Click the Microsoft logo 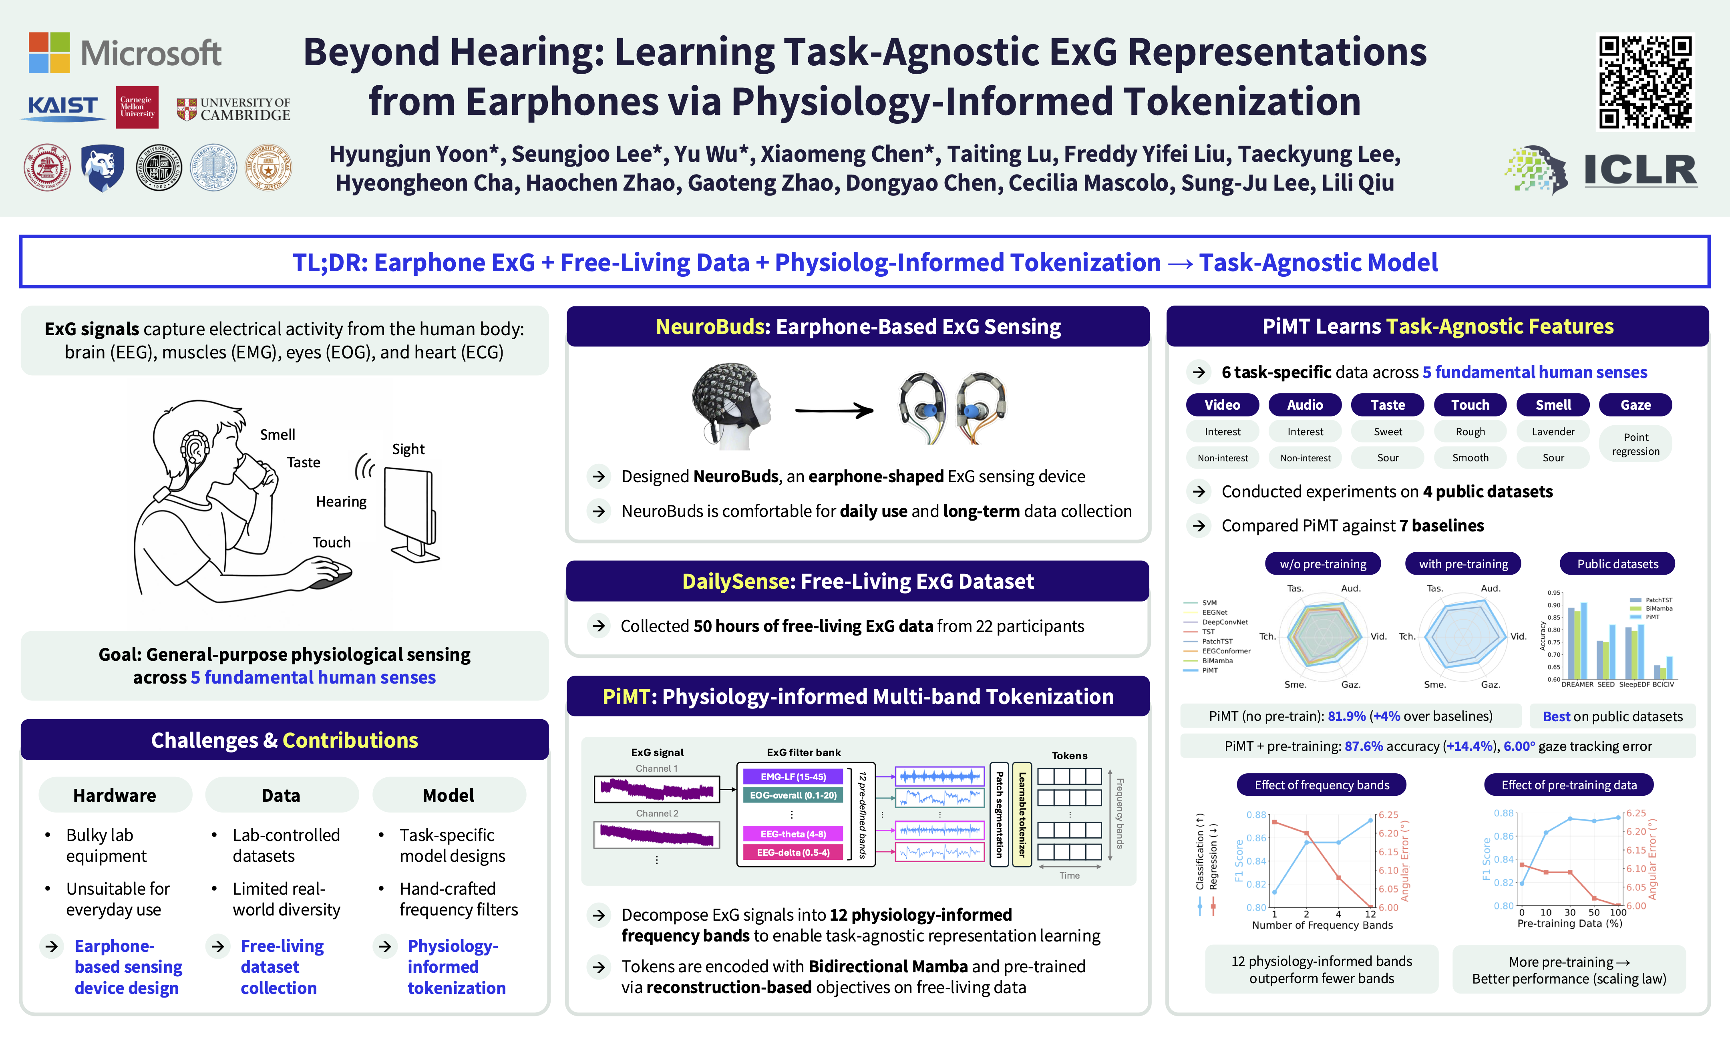tap(125, 52)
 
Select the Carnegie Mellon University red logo tap(137, 107)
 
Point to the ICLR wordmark tap(1640, 170)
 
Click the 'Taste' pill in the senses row tap(1387, 405)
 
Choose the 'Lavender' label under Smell tap(1553, 432)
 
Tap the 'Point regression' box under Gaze tap(1635, 444)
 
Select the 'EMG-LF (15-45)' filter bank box tap(793, 776)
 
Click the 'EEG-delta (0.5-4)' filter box tap(793, 853)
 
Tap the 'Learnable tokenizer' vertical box tap(1022, 814)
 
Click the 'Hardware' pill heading tap(115, 795)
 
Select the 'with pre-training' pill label tap(1463, 564)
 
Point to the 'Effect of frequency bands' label tap(1322, 785)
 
